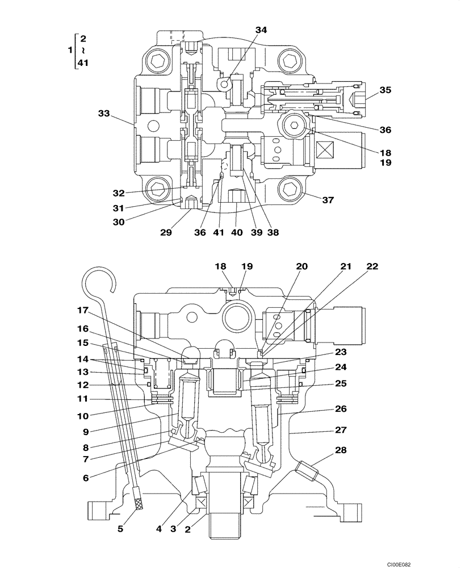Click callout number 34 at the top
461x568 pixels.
point(260,30)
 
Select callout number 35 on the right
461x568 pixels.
point(385,90)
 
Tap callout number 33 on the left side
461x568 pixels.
point(103,114)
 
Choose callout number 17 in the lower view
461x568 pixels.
point(84,310)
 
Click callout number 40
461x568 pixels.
point(234,232)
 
